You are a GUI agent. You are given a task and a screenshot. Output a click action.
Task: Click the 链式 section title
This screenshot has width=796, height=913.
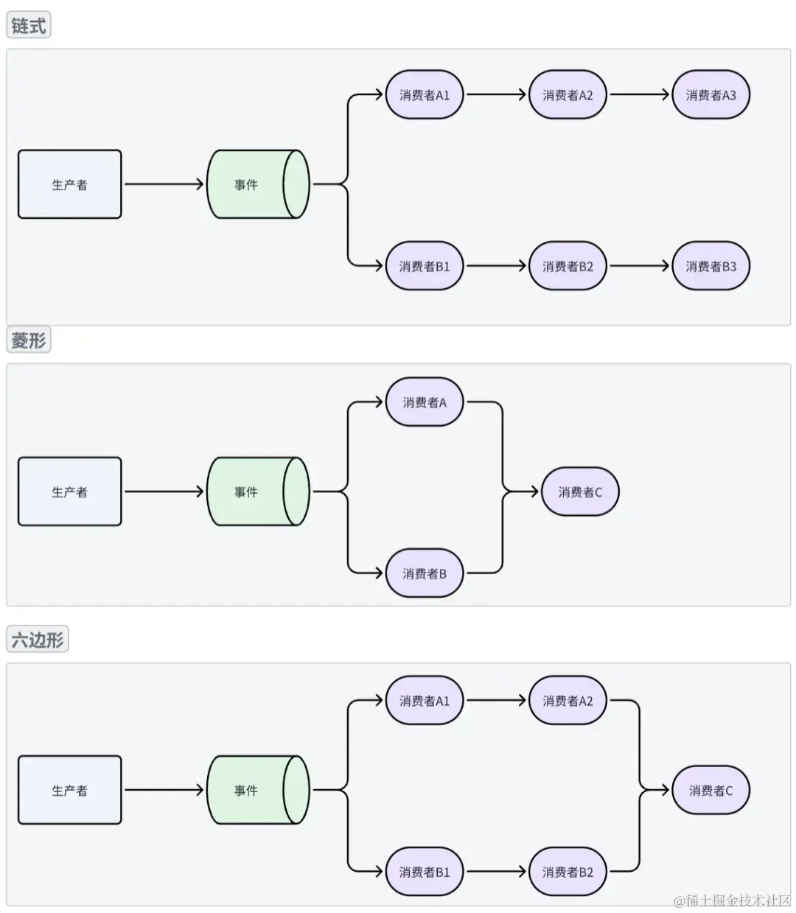coord(29,26)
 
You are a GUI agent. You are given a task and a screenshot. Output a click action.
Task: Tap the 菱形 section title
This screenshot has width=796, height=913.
coord(29,340)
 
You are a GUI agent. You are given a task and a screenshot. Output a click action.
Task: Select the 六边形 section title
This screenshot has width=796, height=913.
coord(37,639)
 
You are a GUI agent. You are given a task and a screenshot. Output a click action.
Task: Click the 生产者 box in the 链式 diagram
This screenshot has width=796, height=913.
coord(69,184)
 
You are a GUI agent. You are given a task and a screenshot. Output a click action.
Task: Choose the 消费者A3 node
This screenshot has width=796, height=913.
coord(711,95)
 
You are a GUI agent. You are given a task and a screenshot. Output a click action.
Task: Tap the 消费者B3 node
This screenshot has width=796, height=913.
coord(711,266)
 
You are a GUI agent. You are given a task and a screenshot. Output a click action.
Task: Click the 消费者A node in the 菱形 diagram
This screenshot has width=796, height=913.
coord(425,402)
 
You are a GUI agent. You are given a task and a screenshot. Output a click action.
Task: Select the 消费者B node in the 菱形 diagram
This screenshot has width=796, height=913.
coord(425,573)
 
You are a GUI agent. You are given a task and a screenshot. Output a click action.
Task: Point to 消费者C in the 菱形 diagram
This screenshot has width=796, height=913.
coord(580,492)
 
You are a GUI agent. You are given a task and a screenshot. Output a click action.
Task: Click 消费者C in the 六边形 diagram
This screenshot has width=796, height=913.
coord(711,791)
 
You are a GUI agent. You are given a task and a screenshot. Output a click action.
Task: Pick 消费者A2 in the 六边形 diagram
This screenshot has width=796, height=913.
coord(568,701)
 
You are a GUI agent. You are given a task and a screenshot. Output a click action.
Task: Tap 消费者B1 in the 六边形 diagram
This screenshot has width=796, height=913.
coord(425,872)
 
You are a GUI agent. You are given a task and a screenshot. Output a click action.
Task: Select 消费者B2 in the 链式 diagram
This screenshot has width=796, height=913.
coord(568,266)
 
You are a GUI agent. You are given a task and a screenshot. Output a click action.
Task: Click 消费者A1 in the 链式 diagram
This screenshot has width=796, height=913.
coord(425,95)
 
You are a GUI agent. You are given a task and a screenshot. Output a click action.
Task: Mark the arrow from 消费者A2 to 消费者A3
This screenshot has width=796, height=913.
coord(639,95)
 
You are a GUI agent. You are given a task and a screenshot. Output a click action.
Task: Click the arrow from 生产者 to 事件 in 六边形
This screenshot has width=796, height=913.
coord(164,791)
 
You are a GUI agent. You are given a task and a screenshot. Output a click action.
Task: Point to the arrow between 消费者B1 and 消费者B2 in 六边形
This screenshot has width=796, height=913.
coord(496,872)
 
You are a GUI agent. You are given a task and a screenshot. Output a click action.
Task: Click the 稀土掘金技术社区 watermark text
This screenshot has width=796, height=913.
coord(732,900)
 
